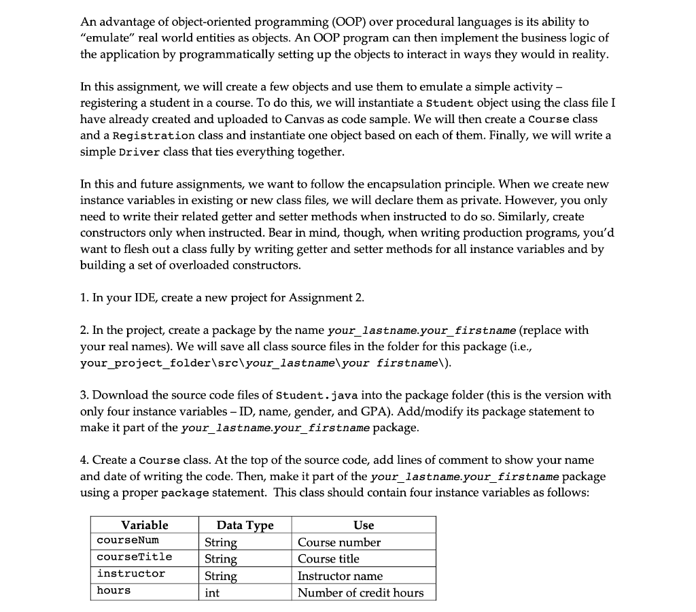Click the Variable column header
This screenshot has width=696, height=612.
pos(144,525)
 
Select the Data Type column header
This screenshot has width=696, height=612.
pos(245,525)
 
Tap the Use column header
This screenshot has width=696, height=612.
pos(364,525)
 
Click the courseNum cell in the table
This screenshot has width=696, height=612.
pos(128,541)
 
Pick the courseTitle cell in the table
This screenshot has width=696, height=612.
pos(135,557)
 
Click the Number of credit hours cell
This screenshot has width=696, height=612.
pos(360,593)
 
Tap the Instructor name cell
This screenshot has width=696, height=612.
pos(340,576)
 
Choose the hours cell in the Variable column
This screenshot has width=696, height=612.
pos(114,591)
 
